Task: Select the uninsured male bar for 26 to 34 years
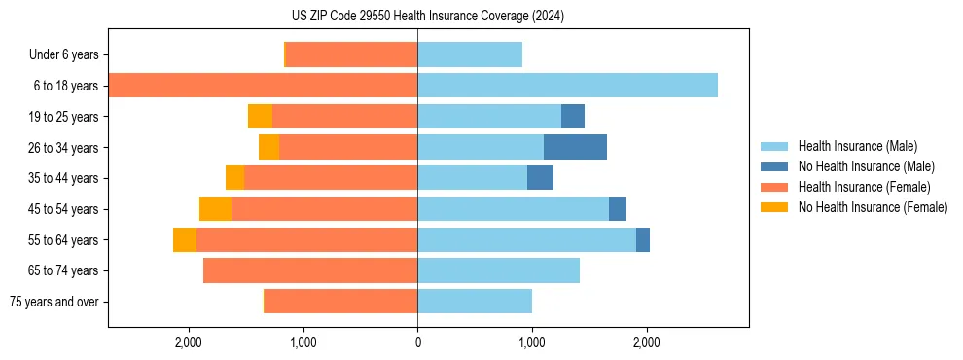[575, 147]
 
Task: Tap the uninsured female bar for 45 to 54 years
[215, 208]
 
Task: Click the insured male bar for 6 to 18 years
[567, 86]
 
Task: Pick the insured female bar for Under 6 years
[351, 54]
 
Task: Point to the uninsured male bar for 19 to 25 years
[573, 116]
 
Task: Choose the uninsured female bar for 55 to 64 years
[185, 239]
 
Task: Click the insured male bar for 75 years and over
[475, 301]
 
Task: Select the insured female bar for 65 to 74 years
[310, 270]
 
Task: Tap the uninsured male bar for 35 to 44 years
[540, 178]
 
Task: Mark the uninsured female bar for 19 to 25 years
[260, 116]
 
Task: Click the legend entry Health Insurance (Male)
[851, 146]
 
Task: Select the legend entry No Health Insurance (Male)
[858, 166]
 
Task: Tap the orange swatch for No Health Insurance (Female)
[775, 207]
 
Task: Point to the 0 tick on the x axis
[417, 342]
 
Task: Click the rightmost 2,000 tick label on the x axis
[647, 342]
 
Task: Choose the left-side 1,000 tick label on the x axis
[303, 342]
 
